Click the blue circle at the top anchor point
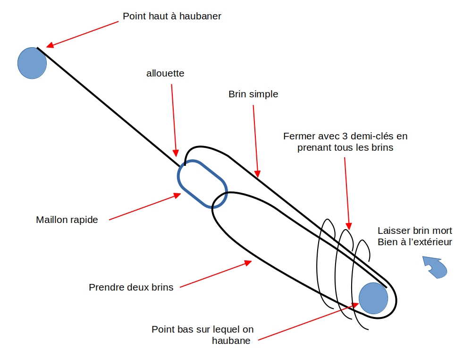pos(32,63)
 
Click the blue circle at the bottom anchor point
pos(373,298)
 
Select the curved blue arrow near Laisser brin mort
pos(435,267)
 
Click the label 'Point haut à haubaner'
pos(172,17)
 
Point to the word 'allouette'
pos(165,74)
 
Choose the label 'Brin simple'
pos(253,94)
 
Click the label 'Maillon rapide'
pos(67,220)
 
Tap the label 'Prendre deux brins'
pos(131,287)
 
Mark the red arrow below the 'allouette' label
pos(174,120)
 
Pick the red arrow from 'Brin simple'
pos(256,141)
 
